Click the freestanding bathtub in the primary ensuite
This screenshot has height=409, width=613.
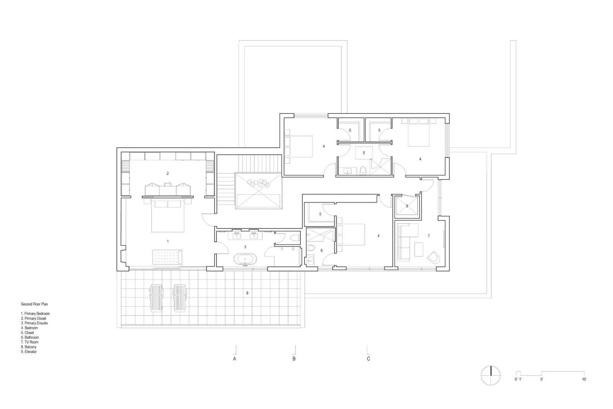[x=245, y=260]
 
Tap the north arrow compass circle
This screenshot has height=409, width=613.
[x=490, y=375]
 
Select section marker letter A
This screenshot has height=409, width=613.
[x=234, y=359]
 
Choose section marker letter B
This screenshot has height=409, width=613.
[x=294, y=359]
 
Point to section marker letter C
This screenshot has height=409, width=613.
[x=369, y=359]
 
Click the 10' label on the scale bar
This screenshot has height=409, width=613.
[x=584, y=379]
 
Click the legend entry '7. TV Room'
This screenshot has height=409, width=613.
[x=30, y=342]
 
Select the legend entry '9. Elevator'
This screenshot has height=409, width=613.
[x=29, y=352]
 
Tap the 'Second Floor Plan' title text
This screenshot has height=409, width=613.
[x=34, y=304]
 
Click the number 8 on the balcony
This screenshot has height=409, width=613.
[x=247, y=293]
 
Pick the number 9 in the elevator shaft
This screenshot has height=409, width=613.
[x=407, y=206]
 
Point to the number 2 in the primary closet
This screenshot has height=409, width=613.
[x=167, y=174]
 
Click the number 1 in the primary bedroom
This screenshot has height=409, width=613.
[x=167, y=241]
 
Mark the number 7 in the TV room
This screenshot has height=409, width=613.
[x=429, y=236]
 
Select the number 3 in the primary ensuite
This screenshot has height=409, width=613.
[x=245, y=247]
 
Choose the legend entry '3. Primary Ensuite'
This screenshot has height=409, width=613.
[x=34, y=323]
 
